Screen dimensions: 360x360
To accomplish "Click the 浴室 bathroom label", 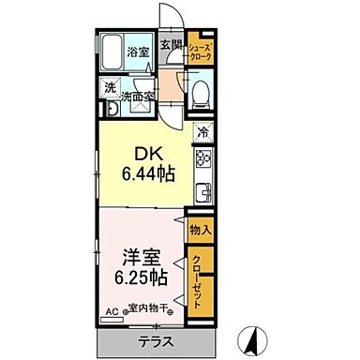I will [x=139, y=52].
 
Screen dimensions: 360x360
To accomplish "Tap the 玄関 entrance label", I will [x=170, y=45].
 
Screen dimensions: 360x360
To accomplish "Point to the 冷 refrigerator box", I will [x=203, y=133].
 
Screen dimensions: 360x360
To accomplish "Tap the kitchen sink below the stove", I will [x=202, y=195].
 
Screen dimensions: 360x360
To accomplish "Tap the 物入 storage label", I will [x=200, y=230].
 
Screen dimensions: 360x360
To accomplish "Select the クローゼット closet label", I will [x=200, y=278].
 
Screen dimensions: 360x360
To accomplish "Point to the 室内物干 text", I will [x=150, y=308].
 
